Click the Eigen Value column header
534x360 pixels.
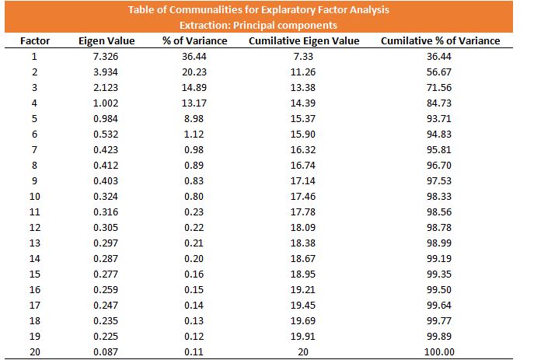click(106, 41)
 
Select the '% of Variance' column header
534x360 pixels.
click(195, 41)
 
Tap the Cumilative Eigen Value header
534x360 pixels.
click(304, 41)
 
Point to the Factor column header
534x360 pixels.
click(35, 41)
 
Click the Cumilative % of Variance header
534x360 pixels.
click(441, 41)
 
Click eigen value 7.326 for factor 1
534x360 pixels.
click(106, 56)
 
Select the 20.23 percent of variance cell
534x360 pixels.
click(194, 72)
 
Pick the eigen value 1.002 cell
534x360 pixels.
click(106, 103)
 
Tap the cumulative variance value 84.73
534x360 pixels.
click(439, 103)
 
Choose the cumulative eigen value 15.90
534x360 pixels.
click(303, 135)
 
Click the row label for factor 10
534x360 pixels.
click(35, 197)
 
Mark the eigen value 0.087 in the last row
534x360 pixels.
click(106, 351)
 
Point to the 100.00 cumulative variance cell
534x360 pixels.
click(439, 351)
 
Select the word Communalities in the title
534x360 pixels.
click(209, 9)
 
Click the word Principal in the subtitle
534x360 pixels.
click(250, 25)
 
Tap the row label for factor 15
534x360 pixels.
click(35, 274)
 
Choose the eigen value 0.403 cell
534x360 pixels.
click(106, 181)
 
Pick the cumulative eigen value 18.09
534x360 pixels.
click(303, 228)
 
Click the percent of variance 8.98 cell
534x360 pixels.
click(194, 118)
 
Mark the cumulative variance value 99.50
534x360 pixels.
click(439, 290)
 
